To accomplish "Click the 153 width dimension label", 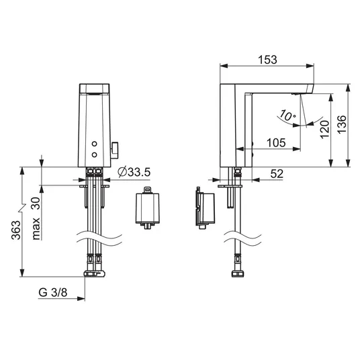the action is coord(268,60).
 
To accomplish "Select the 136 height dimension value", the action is coord(341,124).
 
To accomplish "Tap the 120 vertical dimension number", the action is coord(324,130).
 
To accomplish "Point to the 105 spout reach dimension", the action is coord(276,143).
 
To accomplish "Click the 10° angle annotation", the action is coord(287,116).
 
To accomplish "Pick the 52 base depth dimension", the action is coord(277,174).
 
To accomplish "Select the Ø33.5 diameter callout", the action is coord(134,172).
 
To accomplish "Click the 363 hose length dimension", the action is coord(16,230).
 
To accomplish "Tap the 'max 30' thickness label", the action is coord(36,219).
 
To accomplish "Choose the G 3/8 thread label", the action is coord(53,293).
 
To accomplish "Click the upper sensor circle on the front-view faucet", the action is coord(94,144).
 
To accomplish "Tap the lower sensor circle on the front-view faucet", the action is coord(94,154).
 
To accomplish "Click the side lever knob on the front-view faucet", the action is coord(115,150).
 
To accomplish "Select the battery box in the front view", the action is coord(147,208).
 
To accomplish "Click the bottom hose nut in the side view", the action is coord(238,274).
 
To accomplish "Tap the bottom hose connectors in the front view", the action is coord(94,273).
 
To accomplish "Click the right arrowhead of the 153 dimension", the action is coord(310,66).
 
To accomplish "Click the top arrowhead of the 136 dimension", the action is coord(349,88).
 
